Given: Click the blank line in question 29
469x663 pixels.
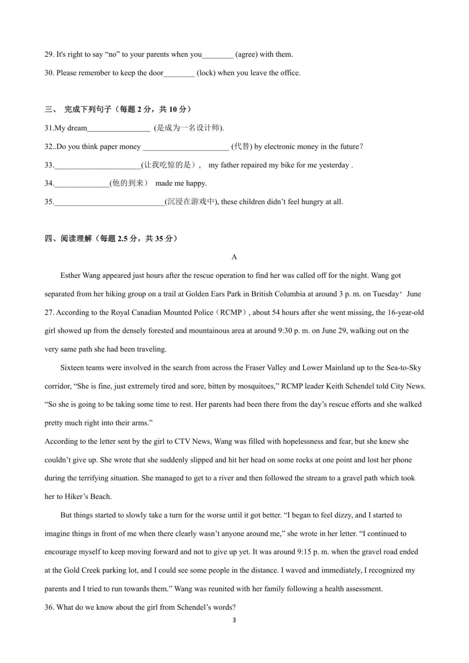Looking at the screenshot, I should coord(218,55).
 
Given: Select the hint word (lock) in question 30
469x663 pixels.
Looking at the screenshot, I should coord(206,73).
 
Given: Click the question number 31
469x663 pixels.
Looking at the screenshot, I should coord(49,128).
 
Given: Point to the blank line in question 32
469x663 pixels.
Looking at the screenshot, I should coord(186,147).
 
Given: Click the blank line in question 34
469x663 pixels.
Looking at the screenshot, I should coord(82,184).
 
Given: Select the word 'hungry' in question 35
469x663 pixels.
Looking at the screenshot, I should coord(300,202).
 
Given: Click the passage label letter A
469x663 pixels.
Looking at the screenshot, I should coord(234,257).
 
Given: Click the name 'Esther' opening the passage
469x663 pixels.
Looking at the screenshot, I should coord(71,276).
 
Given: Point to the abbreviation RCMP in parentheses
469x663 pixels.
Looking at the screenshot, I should coord(231,312).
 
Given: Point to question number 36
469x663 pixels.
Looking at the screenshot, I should coord(49,608).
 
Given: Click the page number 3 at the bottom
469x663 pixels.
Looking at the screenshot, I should coord(234,621).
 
